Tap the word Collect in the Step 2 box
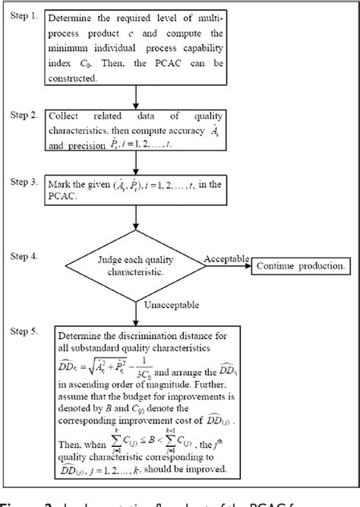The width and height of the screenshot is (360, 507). coord(65,116)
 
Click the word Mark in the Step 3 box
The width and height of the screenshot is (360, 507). coord(62,185)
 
